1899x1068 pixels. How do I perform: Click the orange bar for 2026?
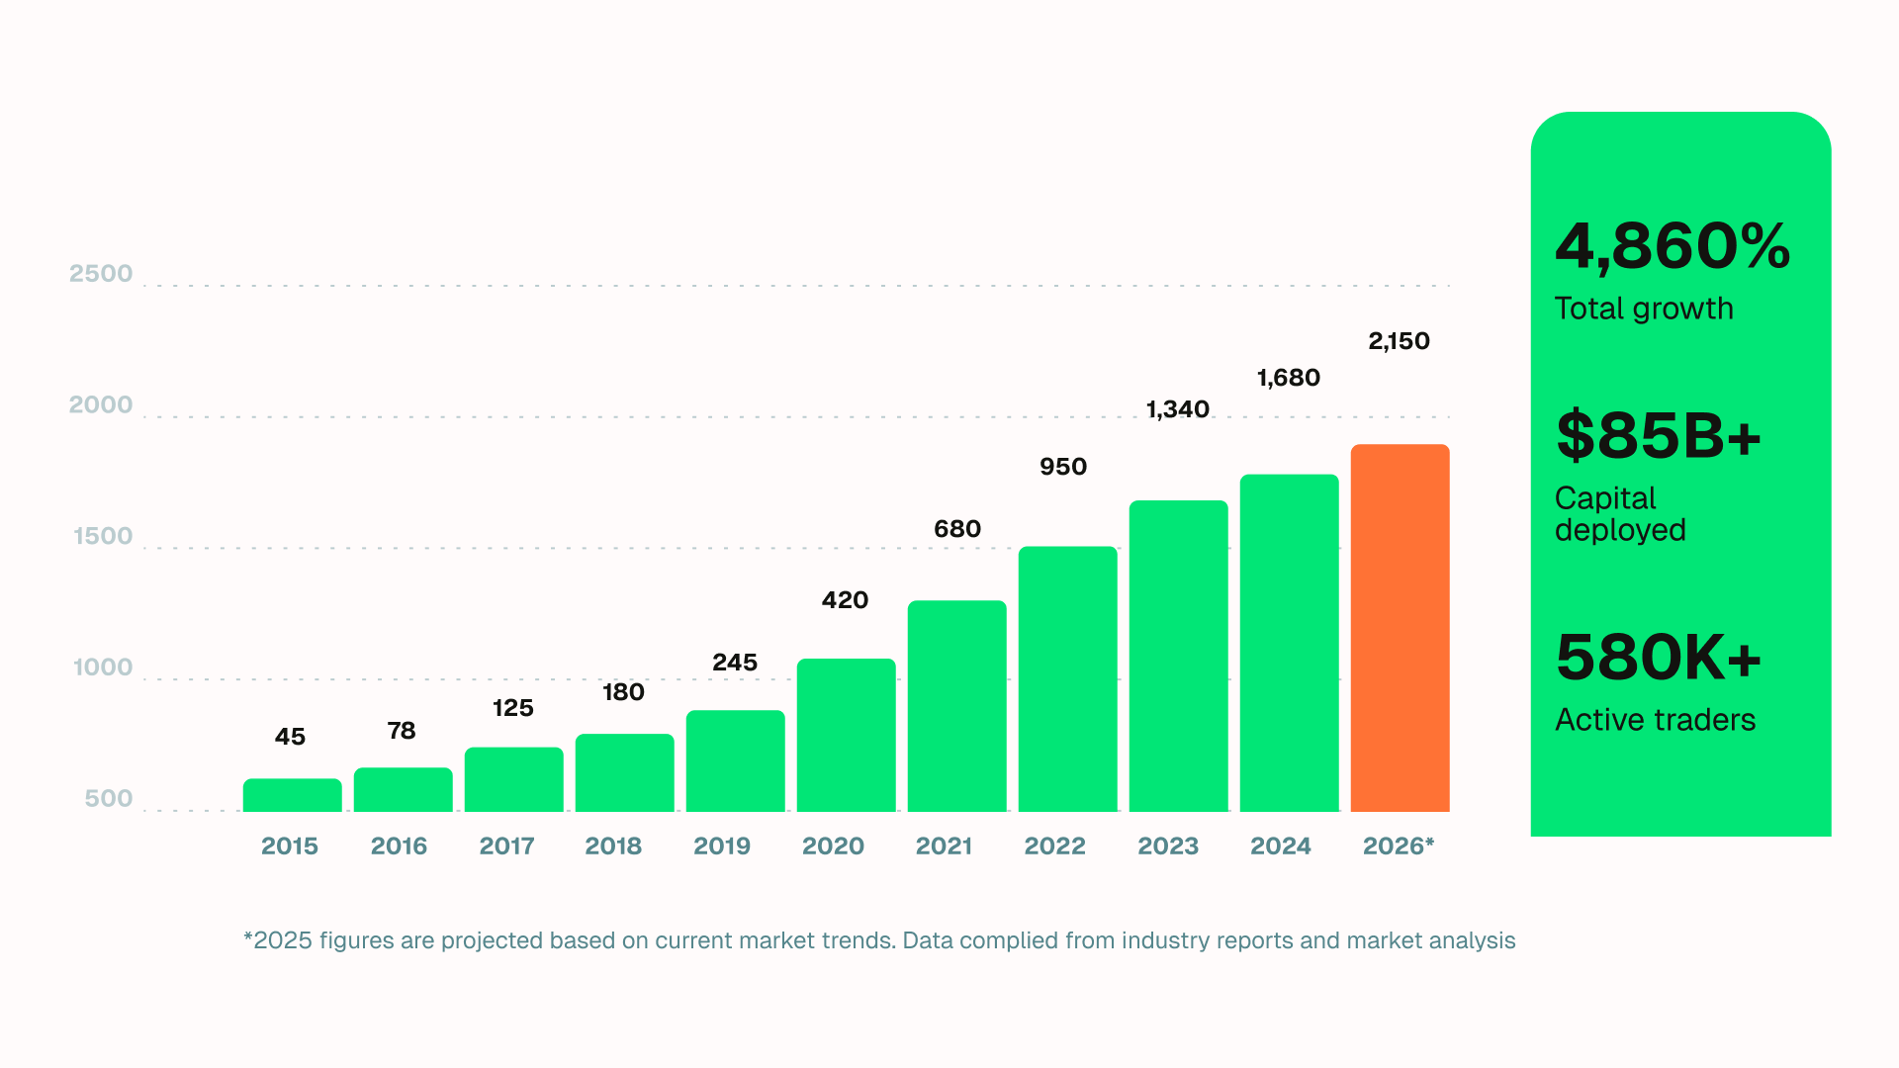click(1400, 628)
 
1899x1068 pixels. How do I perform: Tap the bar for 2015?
click(292, 795)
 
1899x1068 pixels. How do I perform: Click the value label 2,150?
click(1399, 341)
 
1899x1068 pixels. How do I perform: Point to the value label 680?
click(956, 529)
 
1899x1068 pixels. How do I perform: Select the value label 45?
click(290, 737)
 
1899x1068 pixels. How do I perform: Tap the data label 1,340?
click(1177, 409)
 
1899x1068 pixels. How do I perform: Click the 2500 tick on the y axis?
click(101, 274)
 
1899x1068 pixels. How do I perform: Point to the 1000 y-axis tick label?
click(103, 667)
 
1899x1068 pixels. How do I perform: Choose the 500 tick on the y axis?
click(109, 799)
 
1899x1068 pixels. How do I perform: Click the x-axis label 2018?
click(612, 846)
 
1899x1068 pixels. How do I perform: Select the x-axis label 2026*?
click(1398, 846)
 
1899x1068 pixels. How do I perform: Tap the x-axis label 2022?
click(1054, 846)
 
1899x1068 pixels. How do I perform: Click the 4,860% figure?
click(1672, 246)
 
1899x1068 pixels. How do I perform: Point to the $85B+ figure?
click(1658, 436)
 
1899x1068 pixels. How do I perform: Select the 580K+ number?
click(1658, 658)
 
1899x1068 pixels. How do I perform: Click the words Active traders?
click(1655, 720)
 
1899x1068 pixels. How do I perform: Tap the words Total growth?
click(1643, 309)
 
